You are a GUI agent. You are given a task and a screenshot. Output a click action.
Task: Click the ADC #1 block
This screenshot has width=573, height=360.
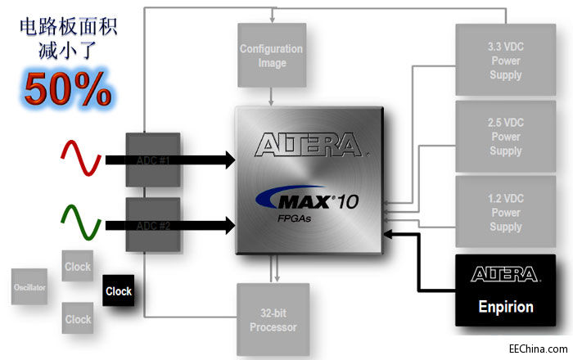point(152,160)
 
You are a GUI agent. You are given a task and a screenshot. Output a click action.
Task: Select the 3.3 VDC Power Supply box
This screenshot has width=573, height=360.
point(505,62)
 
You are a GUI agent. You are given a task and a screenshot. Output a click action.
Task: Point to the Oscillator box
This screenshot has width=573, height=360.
point(29,289)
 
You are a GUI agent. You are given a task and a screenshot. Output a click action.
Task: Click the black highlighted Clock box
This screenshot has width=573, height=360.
point(119,291)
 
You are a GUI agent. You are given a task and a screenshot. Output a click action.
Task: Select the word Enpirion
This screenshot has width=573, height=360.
point(505,308)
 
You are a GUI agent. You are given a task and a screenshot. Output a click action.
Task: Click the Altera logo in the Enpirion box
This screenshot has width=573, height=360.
point(505,274)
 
